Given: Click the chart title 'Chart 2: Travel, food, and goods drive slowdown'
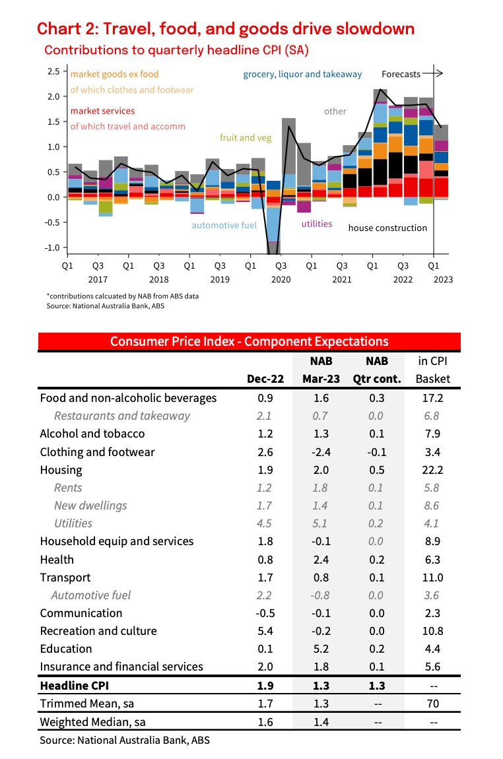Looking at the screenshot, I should coord(226,29).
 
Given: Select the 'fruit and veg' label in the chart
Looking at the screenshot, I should coord(246,138).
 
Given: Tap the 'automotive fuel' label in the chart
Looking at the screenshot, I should coord(224,225).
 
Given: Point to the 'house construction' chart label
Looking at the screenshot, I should coord(387,228).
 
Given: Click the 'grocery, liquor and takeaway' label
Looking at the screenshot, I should coord(302,74).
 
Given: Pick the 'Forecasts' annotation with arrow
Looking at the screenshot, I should coord(411,74).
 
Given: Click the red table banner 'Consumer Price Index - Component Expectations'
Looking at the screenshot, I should coord(249,341).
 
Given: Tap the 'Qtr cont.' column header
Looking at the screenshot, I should coord(376,379).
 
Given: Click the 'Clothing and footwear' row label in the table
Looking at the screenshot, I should coord(97,452).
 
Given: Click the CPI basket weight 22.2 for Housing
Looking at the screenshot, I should coord(434,470).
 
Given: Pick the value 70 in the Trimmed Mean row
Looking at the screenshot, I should coord(434,704).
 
